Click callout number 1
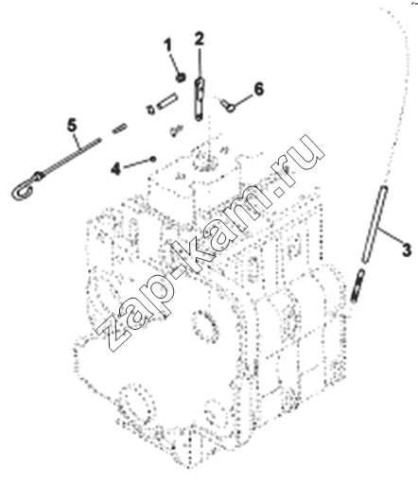168,44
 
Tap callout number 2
200,39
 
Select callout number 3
407,250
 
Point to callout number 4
115,169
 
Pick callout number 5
72,125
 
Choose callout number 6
258,89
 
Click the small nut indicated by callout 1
181,77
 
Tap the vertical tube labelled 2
200,99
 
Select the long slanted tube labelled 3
374,224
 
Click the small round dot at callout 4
153,159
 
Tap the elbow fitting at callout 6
228,106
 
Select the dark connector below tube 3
357,286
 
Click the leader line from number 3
390,235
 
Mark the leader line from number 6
243,100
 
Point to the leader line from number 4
136,163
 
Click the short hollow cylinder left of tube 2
168,101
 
